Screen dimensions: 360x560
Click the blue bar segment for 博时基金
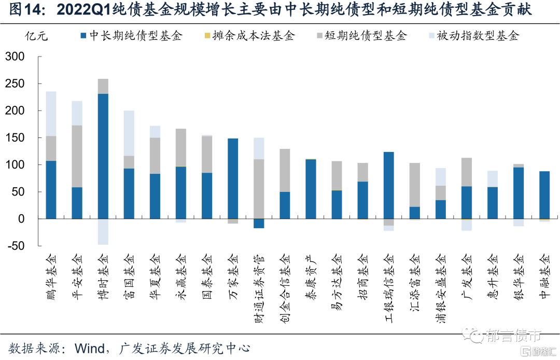point(103,156)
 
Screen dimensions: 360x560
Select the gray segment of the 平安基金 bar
point(77,156)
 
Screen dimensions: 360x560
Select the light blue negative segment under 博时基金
point(103,231)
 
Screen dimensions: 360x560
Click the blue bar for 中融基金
point(544,195)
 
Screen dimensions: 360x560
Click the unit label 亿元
point(37,36)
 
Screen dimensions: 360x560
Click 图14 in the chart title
point(21,9)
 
